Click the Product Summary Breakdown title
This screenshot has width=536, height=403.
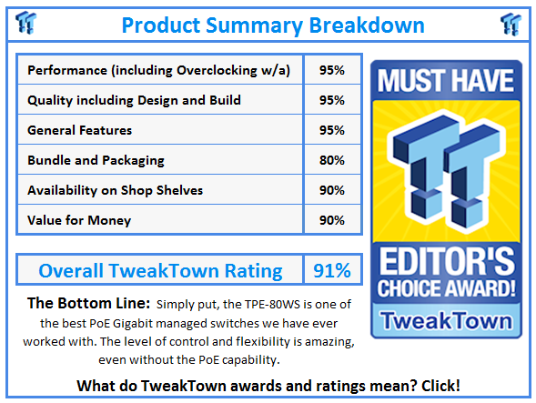click(x=267, y=24)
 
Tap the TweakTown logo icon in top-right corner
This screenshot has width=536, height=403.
click(x=511, y=23)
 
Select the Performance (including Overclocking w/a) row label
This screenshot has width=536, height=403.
click(x=159, y=70)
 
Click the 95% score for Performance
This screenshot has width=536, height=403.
click(x=331, y=70)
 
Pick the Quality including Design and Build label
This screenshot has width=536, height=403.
click(x=139, y=100)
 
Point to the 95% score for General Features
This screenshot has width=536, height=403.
click(x=331, y=130)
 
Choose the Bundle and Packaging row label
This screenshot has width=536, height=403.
click(x=96, y=160)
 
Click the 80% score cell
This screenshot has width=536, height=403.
click(x=331, y=160)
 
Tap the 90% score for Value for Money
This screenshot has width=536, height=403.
click(x=331, y=220)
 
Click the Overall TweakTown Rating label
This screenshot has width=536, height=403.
click(x=160, y=270)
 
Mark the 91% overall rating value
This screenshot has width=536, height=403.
click(x=331, y=270)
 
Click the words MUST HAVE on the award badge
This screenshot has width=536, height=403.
click(x=445, y=80)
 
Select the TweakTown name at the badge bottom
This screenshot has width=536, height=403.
click(x=445, y=320)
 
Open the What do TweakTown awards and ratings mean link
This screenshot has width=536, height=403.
click(x=267, y=386)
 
